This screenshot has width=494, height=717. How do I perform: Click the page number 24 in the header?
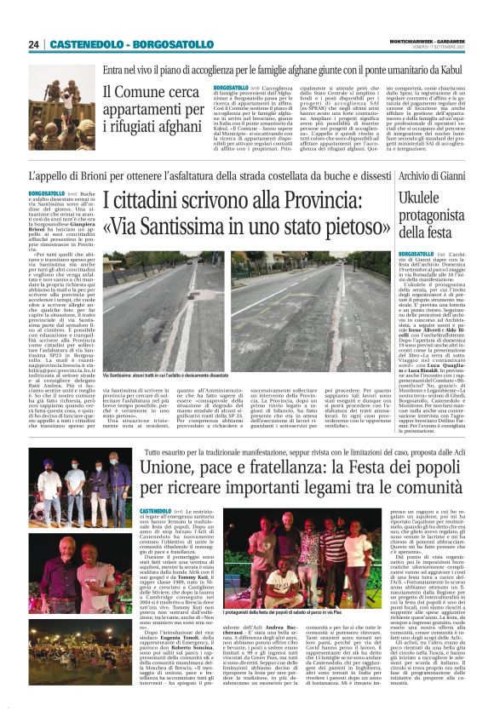click(x=34, y=44)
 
